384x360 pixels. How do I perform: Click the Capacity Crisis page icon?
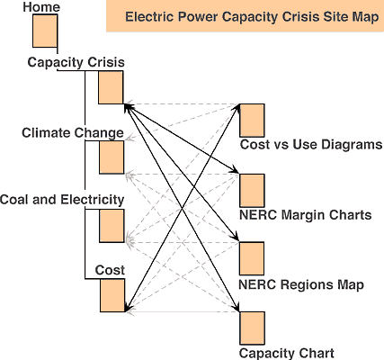pyautogui.click(x=111, y=87)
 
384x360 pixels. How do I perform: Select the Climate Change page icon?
pyautogui.click(x=111, y=157)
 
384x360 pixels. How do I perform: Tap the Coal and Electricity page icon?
pyautogui.click(x=111, y=226)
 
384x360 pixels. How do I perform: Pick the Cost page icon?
pyautogui.click(x=111, y=295)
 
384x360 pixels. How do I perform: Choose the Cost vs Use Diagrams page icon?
pyautogui.click(x=252, y=121)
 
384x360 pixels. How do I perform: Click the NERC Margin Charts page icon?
pyautogui.click(x=252, y=190)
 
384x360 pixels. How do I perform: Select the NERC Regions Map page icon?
pyautogui.click(x=252, y=258)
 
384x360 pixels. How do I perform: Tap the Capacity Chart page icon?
pyautogui.click(x=252, y=328)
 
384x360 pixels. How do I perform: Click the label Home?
pyautogui.click(x=41, y=7)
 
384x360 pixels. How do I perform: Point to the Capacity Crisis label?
pyautogui.click(x=76, y=62)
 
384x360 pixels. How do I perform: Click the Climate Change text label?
pyautogui.click(x=73, y=133)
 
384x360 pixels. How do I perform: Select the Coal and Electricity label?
pyautogui.click(x=61, y=199)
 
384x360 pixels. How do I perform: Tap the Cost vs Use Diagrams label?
pyautogui.click(x=311, y=145)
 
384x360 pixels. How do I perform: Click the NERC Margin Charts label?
pyautogui.click(x=305, y=215)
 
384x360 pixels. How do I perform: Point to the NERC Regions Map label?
pyautogui.click(x=301, y=284)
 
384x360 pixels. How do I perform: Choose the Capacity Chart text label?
pyautogui.click(x=287, y=353)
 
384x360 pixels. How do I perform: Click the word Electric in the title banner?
pyautogui.click(x=148, y=17)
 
